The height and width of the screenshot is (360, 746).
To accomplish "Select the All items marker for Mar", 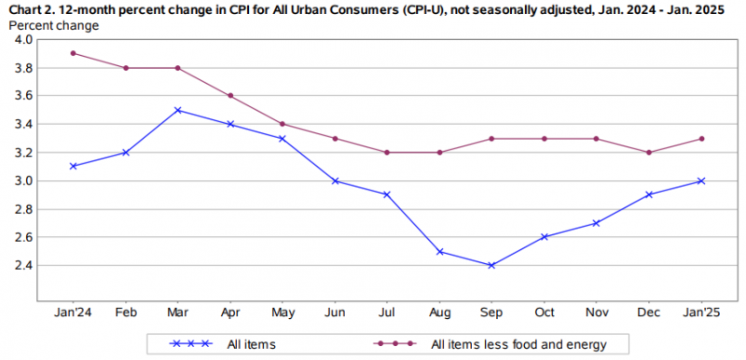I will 177,110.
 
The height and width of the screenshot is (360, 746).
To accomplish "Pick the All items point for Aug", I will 440,251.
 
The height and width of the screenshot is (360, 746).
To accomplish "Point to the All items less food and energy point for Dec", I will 650,152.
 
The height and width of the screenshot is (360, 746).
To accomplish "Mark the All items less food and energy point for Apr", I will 230,96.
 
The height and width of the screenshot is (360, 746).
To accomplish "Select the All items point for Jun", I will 335,181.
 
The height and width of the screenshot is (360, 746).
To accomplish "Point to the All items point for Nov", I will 598,223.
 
